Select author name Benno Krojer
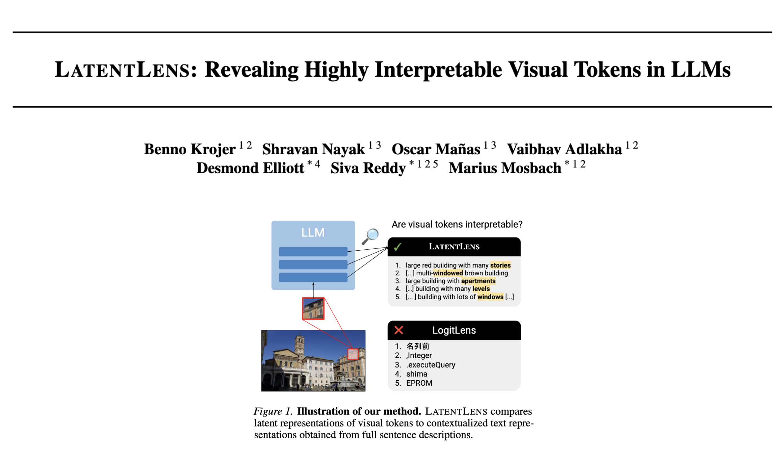tap(190, 149)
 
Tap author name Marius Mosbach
tap(505, 168)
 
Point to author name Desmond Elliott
tap(250, 168)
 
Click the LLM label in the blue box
tap(313, 233)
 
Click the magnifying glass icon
tap(370, 237)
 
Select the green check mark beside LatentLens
tap(398, 247)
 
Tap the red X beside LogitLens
tap(399, 330)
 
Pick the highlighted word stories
tap(501, 265)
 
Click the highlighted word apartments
tap(478, 281)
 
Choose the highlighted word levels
tap(481, 289)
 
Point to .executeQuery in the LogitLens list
tap(431, 365)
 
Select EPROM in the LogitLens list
tap(419, 383)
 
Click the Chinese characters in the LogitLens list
tap(418, 346)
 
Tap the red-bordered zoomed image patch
tap(314, 309)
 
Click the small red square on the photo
tap(353, 354)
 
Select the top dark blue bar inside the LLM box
tap(313, 252)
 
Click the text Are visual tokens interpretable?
tap(457, 225)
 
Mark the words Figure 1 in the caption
tap(272, 412)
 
